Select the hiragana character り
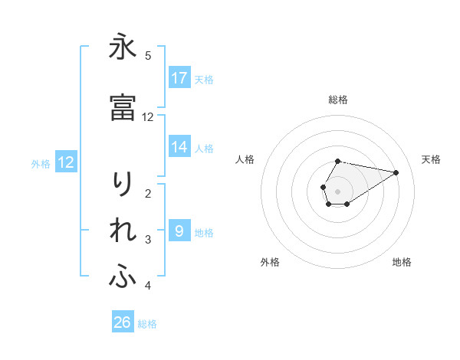(x=123, y=185)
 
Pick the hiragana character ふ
(x=123, y=278)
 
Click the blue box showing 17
(x=179, y=78)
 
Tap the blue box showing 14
(x=179, y=147)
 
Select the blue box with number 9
(x=179, y=231)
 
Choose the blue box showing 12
(x=66, y=162)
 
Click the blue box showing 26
(x=123, y=322)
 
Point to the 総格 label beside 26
(x=147, y=324)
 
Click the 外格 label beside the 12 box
(x=41, y=163)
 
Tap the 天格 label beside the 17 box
(x=204, y=79)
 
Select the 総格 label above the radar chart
(x=338, y=100)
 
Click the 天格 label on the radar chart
(x=432, y=159)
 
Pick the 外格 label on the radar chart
(x=270, y=262)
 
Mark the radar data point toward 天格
(x=396, y=172)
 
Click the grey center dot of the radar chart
(x=338, y=191)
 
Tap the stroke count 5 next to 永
(x=148, y=55)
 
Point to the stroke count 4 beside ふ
(x=148, y=286)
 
